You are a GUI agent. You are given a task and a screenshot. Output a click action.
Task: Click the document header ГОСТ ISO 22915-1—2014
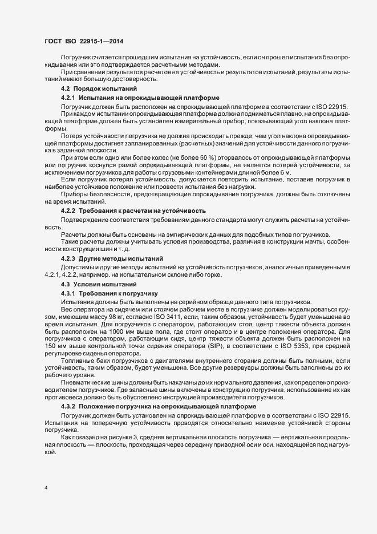84,42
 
